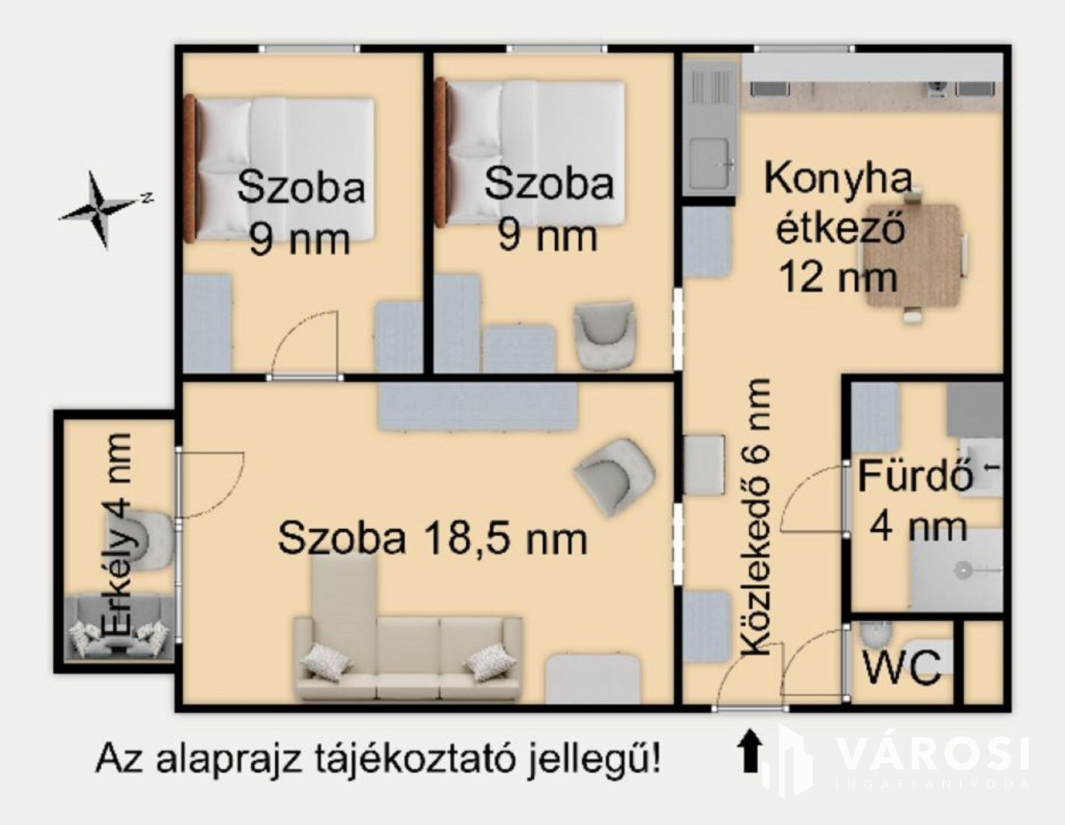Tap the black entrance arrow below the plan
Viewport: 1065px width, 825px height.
click(x=749, y=750)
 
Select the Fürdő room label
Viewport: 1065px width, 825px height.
click(x=914, y=476)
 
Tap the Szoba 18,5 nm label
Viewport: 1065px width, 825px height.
click(x=432, y=538)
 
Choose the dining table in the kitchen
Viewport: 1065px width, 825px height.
click(x=912, y=255)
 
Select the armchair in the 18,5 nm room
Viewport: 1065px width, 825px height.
click(x=615, y=476)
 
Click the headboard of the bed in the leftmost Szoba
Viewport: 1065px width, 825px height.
click(x=190, y=169)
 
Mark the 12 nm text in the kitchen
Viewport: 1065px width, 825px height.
click(x=839, y=277)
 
